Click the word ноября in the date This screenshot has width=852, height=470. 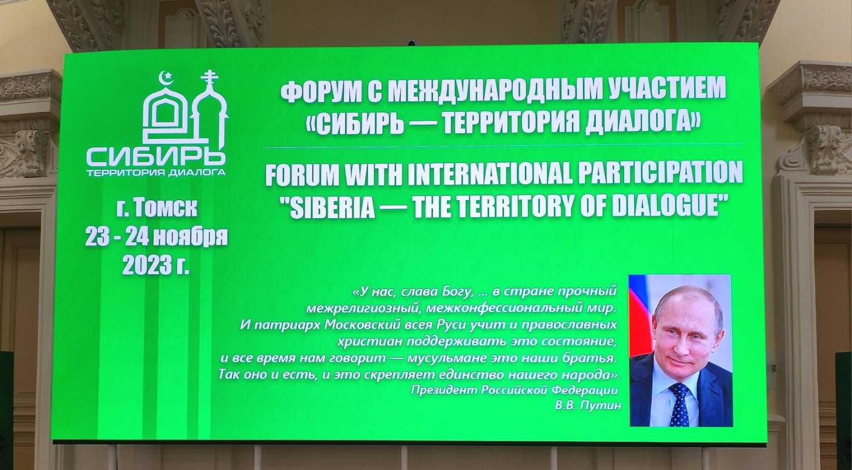(x=192, y=237)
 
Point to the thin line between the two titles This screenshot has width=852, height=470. (x=504, y=145)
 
